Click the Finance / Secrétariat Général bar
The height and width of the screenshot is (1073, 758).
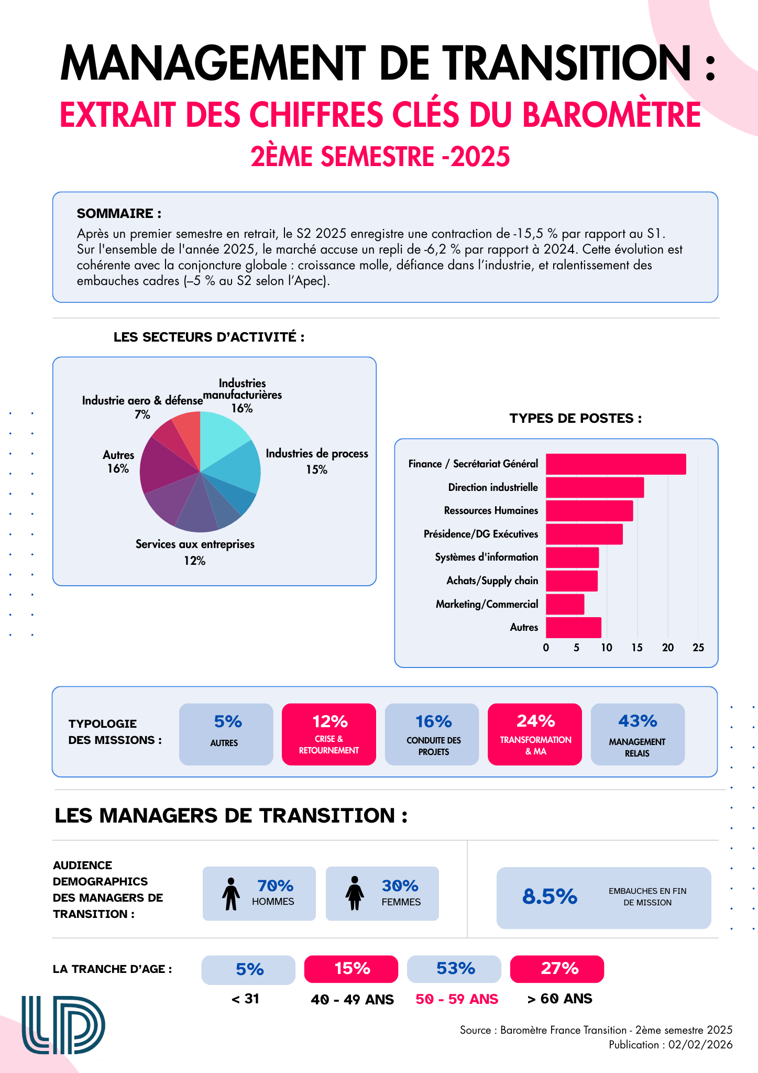[x=616, y=464]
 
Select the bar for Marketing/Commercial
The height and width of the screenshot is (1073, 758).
[x=565, y=604]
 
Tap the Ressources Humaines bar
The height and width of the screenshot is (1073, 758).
[x=589, y=511]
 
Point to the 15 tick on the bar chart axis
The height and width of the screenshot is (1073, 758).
[x=637, y=648]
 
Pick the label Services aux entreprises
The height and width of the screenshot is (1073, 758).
[x=195, y=544]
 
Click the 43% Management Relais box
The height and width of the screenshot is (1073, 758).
[x=638, y=734]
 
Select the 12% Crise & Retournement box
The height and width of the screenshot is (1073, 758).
[x=329, y=734]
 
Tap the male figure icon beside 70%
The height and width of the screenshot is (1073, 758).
[x=230, y=894]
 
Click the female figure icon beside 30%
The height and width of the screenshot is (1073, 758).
[x=355, y=894]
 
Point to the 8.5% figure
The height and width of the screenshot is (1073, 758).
[x=550, y=897]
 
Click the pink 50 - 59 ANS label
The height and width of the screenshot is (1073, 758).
[x=457, y=999]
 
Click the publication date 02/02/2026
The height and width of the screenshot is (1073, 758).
[x=700, y=1045]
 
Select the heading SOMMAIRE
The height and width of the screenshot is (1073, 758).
[x=119, y=214]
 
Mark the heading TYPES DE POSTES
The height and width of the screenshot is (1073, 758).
[x=575, y=419]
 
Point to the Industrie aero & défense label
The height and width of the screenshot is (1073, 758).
[x=142, y=401]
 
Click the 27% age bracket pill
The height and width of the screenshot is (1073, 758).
[x=557, y=969]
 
